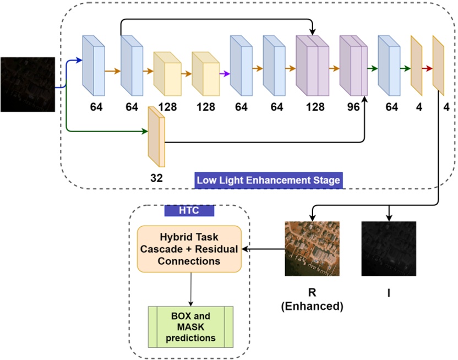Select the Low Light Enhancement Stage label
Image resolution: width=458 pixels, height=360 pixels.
[x=269, y=180]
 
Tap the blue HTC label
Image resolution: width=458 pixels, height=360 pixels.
[x=189, y=211]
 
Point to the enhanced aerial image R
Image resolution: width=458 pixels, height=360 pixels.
[x=313, y=248]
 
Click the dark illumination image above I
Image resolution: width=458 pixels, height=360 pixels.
[x=389, y=248]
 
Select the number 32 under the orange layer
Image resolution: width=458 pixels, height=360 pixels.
[x=156, y=178]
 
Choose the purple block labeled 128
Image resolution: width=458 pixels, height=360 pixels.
[x=312, y=65]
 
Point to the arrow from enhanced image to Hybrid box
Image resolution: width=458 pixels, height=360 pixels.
[x=263, y=249]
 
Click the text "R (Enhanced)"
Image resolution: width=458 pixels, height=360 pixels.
[x=313, y=299]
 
